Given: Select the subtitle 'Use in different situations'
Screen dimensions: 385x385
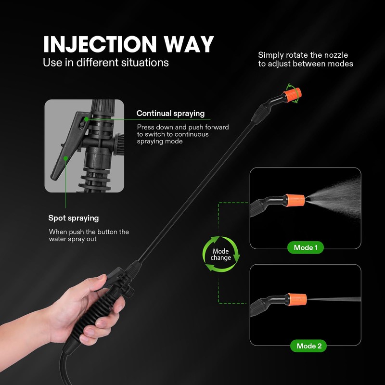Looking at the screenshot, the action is coord(106,63).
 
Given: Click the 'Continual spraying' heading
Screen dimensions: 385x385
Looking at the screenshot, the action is coord(170,114).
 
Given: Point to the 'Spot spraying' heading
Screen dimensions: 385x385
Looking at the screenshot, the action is coord(74,218).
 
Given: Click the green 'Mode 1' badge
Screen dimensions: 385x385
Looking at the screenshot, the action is coord(306,248).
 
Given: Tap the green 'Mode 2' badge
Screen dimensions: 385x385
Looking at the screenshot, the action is coord(306,346).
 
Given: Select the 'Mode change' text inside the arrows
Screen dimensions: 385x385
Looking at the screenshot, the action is coord(221,255).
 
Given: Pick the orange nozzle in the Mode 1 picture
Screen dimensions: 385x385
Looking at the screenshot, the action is coord(295,199).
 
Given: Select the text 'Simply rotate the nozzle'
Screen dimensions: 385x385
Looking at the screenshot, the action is coord(303,55).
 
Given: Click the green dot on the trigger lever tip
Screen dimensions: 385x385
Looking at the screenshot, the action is coord(65,157).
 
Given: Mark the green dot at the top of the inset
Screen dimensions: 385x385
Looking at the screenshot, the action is coord(85,118).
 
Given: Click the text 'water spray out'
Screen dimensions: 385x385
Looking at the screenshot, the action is coord(73,239).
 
